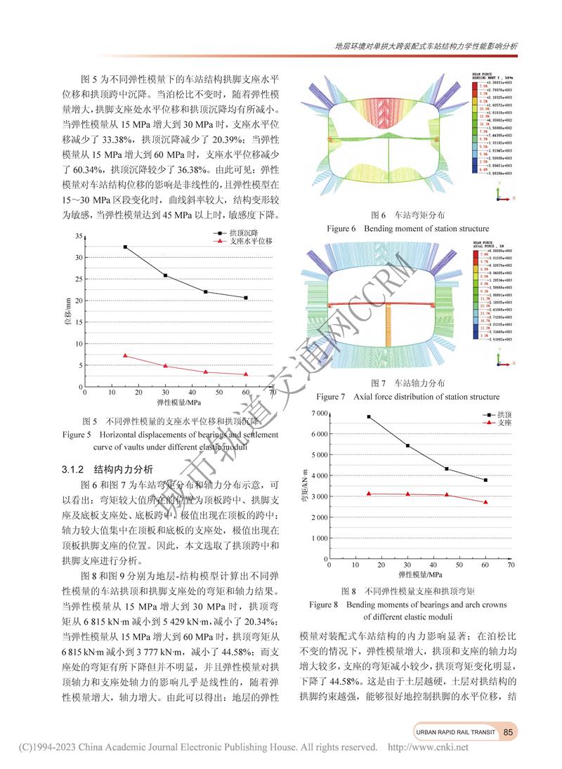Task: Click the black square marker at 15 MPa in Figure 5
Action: coord(125,247)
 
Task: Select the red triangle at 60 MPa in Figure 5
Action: coord(246,374)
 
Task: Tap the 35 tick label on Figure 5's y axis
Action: coord(78,236)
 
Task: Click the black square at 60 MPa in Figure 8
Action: coord(485,480)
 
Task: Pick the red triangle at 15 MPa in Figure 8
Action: coord(369,494)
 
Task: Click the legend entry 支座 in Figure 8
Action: coord(497,423)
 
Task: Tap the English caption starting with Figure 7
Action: coord(407,397)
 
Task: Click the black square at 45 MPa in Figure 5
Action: coord(206,292)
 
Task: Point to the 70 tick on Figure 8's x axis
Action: coord(511,564)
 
